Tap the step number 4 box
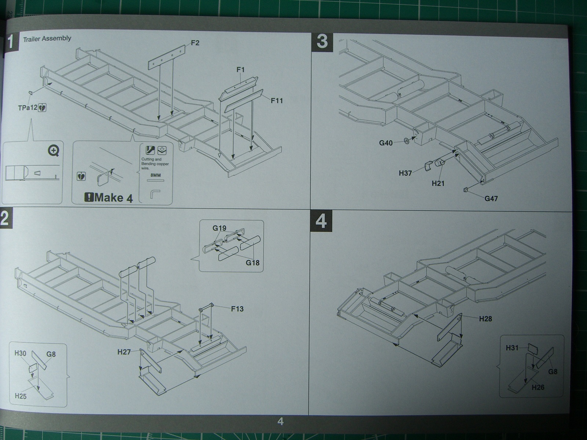(321, 221)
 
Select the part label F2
(195, 43)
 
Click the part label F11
(277, 100)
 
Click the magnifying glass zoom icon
(54, 150)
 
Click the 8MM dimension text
(156, 175)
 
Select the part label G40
(386, 143)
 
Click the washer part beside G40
(406, 140)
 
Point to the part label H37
(405, 173)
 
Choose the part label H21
(438, 183)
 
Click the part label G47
(491, 199)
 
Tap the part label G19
(219, 228)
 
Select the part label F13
(237, 309)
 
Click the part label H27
(124, 352)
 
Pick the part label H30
(21, 353)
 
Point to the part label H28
(485, 319)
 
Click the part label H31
(512, 348)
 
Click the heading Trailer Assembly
(47, 38)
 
